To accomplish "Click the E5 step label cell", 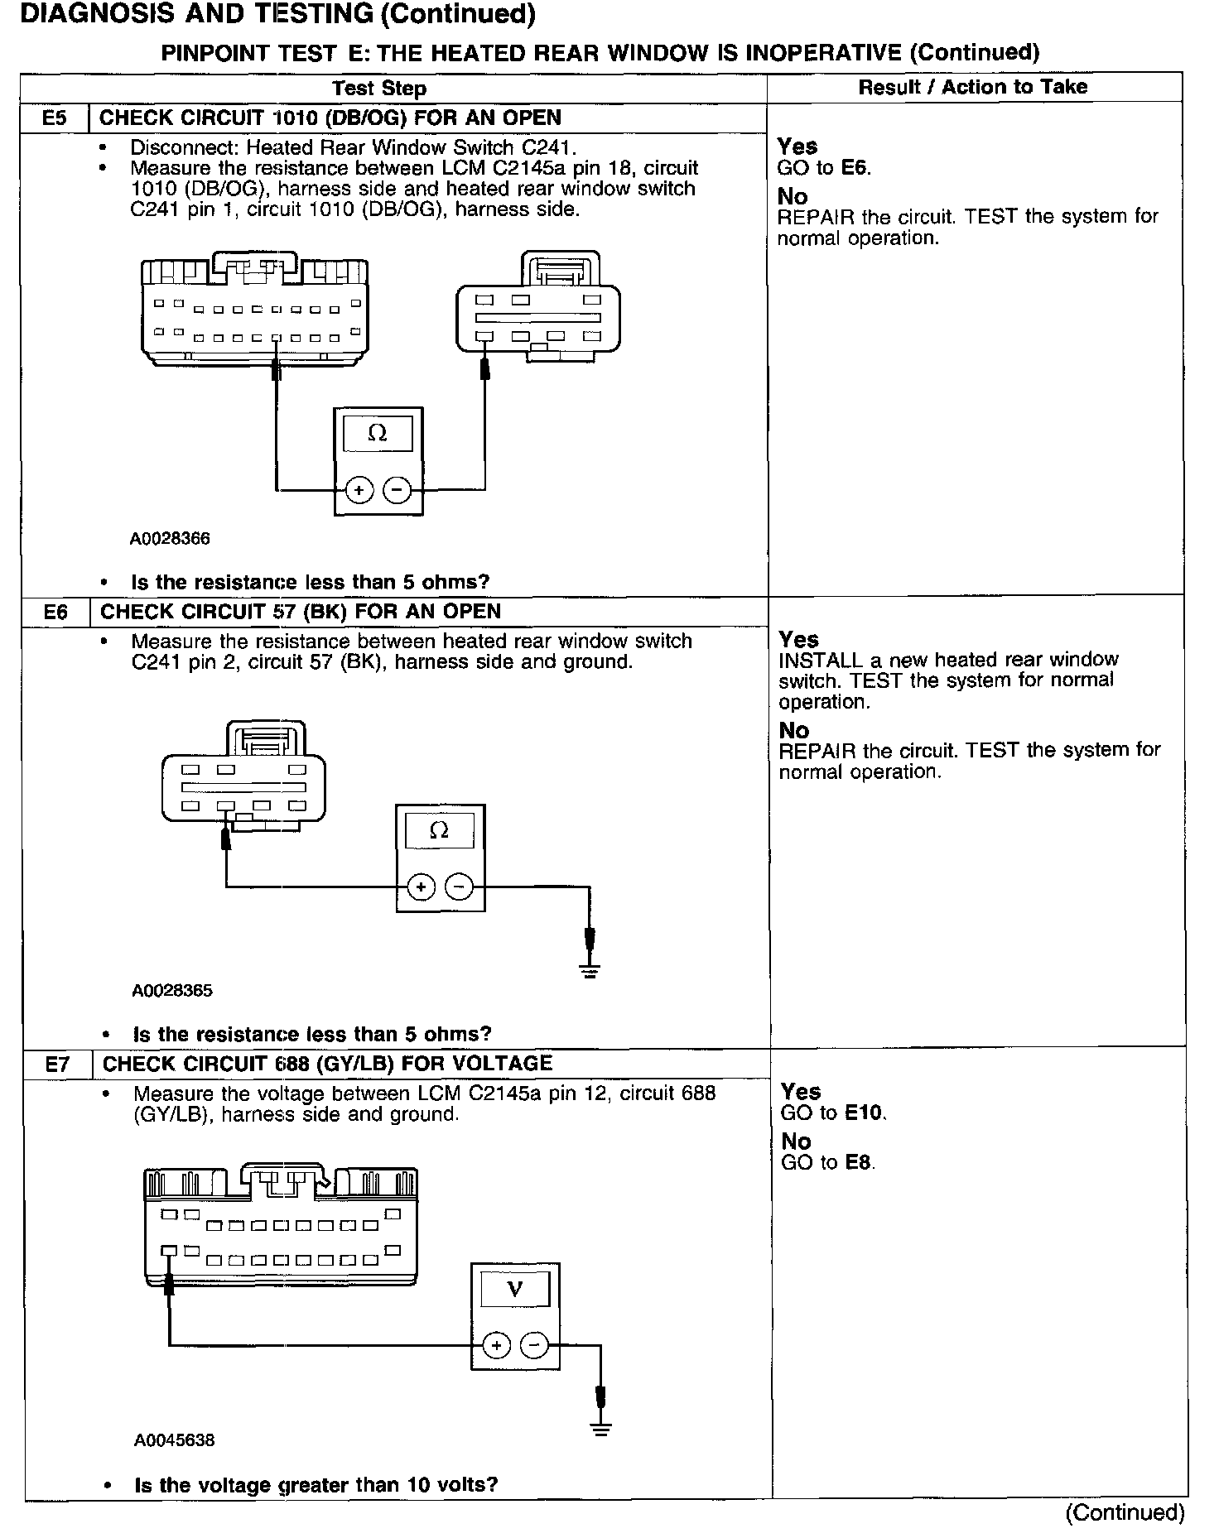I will [54, 118].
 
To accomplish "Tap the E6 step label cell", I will [55, 612].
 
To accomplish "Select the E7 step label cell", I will [56, 1064].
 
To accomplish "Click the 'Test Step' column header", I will [379, 89].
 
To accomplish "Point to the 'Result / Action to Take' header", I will [972, 87].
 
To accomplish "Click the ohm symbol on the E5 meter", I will [378, 433].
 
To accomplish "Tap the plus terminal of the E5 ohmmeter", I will [359, 490].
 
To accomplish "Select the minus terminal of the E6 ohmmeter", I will [460, 887].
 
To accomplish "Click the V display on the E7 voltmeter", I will [515, 1289].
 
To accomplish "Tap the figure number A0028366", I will [170, 539].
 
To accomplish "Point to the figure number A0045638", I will [174, 1440].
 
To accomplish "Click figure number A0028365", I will [171, 990].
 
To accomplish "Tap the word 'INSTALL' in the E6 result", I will [814, 661].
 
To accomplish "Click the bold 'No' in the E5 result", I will [793, 196].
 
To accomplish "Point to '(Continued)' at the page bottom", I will [1125, 1512].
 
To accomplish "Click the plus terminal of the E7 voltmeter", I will [496, 1345].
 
